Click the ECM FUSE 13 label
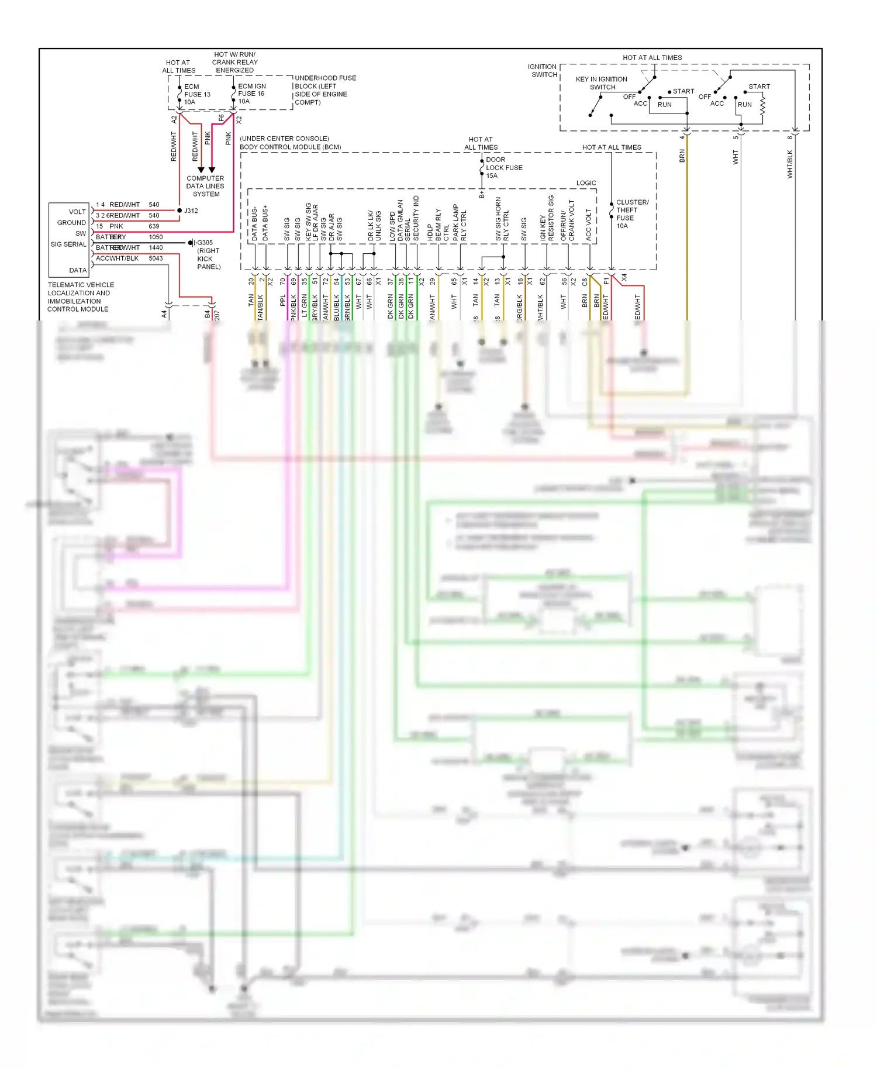coord(196,94)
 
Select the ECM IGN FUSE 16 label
coord(251,94)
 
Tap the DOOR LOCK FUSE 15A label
coord(503,167)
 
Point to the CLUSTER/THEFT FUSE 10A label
coord(631,214)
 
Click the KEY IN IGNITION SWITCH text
coord(602,83)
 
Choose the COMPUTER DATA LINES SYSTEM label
coord(205,186)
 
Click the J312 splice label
coord(191,211)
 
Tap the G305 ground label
coord(205,243)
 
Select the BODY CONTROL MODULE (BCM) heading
coord(290,147)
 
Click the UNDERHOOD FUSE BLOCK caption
coord(324,90)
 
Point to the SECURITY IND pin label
coord(416,218)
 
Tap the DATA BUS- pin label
coord(254,223)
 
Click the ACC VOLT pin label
coord(589,225)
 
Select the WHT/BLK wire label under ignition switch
coord(790,164)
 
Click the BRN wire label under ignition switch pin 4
coord(682,156)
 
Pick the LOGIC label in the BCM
coord(586,183)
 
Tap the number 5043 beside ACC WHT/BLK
coord(156,258)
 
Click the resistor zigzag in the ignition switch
coord(762,105)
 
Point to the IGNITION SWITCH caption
coord(543,71)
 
